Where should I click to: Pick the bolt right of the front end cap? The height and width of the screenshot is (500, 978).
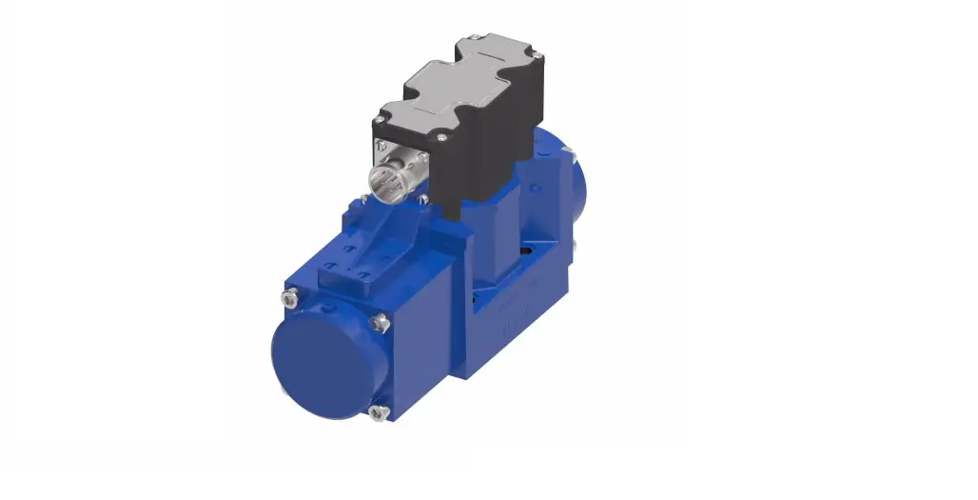point(381,326)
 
